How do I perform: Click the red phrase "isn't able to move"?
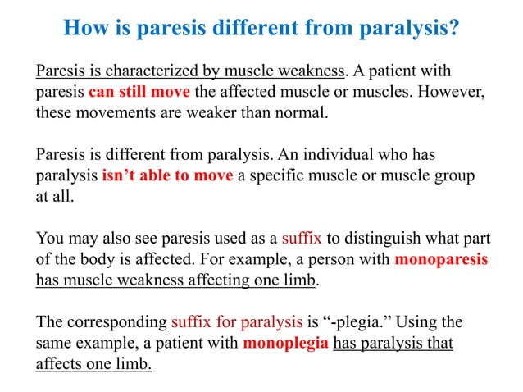pyautogui.click(x=168, y=174)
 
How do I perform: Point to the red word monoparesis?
pyautogui.click(x=442, y=259)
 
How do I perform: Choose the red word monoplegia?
pyautogui.click(x=286, y=341)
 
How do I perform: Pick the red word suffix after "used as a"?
pyautogui.click(x=302, y=238)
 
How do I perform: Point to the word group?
pyautogui.click(x=457, y=174)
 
